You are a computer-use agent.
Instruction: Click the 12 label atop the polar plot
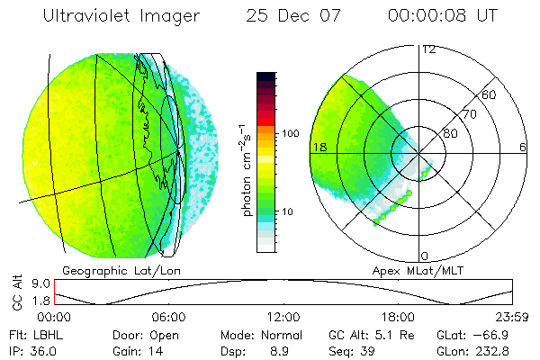428,49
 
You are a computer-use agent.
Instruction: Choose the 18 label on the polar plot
317,147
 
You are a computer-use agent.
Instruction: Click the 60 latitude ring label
490,94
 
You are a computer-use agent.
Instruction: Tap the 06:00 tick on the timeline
169,317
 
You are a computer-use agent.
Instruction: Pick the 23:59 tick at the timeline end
512,317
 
